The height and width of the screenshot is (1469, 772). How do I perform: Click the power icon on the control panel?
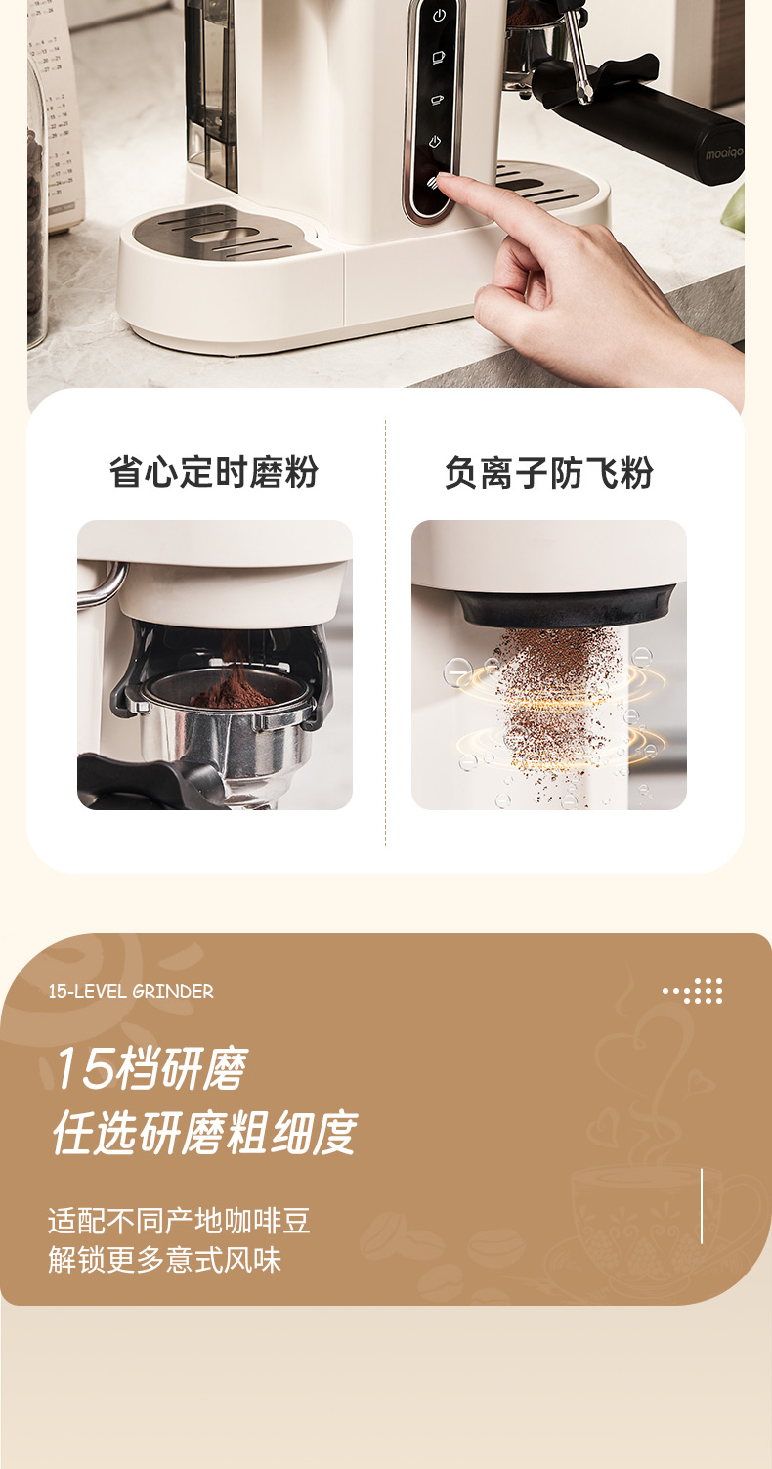click(x=439, y=16)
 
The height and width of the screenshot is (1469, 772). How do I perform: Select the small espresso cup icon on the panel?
click(x=438, y=100)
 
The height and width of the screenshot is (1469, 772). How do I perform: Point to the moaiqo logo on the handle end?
click(x=724, y=153)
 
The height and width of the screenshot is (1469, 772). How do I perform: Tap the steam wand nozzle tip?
click(x=584, y=96)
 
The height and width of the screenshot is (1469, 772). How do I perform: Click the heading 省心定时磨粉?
click(x=214, y=472)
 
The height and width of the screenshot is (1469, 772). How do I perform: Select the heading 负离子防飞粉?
click(x=548, y=472)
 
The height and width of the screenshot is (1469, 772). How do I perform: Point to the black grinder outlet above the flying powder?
click(x=566, y=607)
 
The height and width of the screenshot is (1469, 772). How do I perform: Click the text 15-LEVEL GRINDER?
click(x=131, y=992)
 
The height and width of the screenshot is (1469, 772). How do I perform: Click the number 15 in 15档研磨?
click(x=83, y=1068)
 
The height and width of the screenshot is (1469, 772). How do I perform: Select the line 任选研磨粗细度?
click(x=203, y=1133)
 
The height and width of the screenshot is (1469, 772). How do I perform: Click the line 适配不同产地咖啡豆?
click(x=179, y=1221)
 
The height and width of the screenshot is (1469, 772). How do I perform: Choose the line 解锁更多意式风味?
click(x=164, y=1260)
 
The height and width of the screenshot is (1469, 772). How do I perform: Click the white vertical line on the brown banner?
click(x=702, y=1205)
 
